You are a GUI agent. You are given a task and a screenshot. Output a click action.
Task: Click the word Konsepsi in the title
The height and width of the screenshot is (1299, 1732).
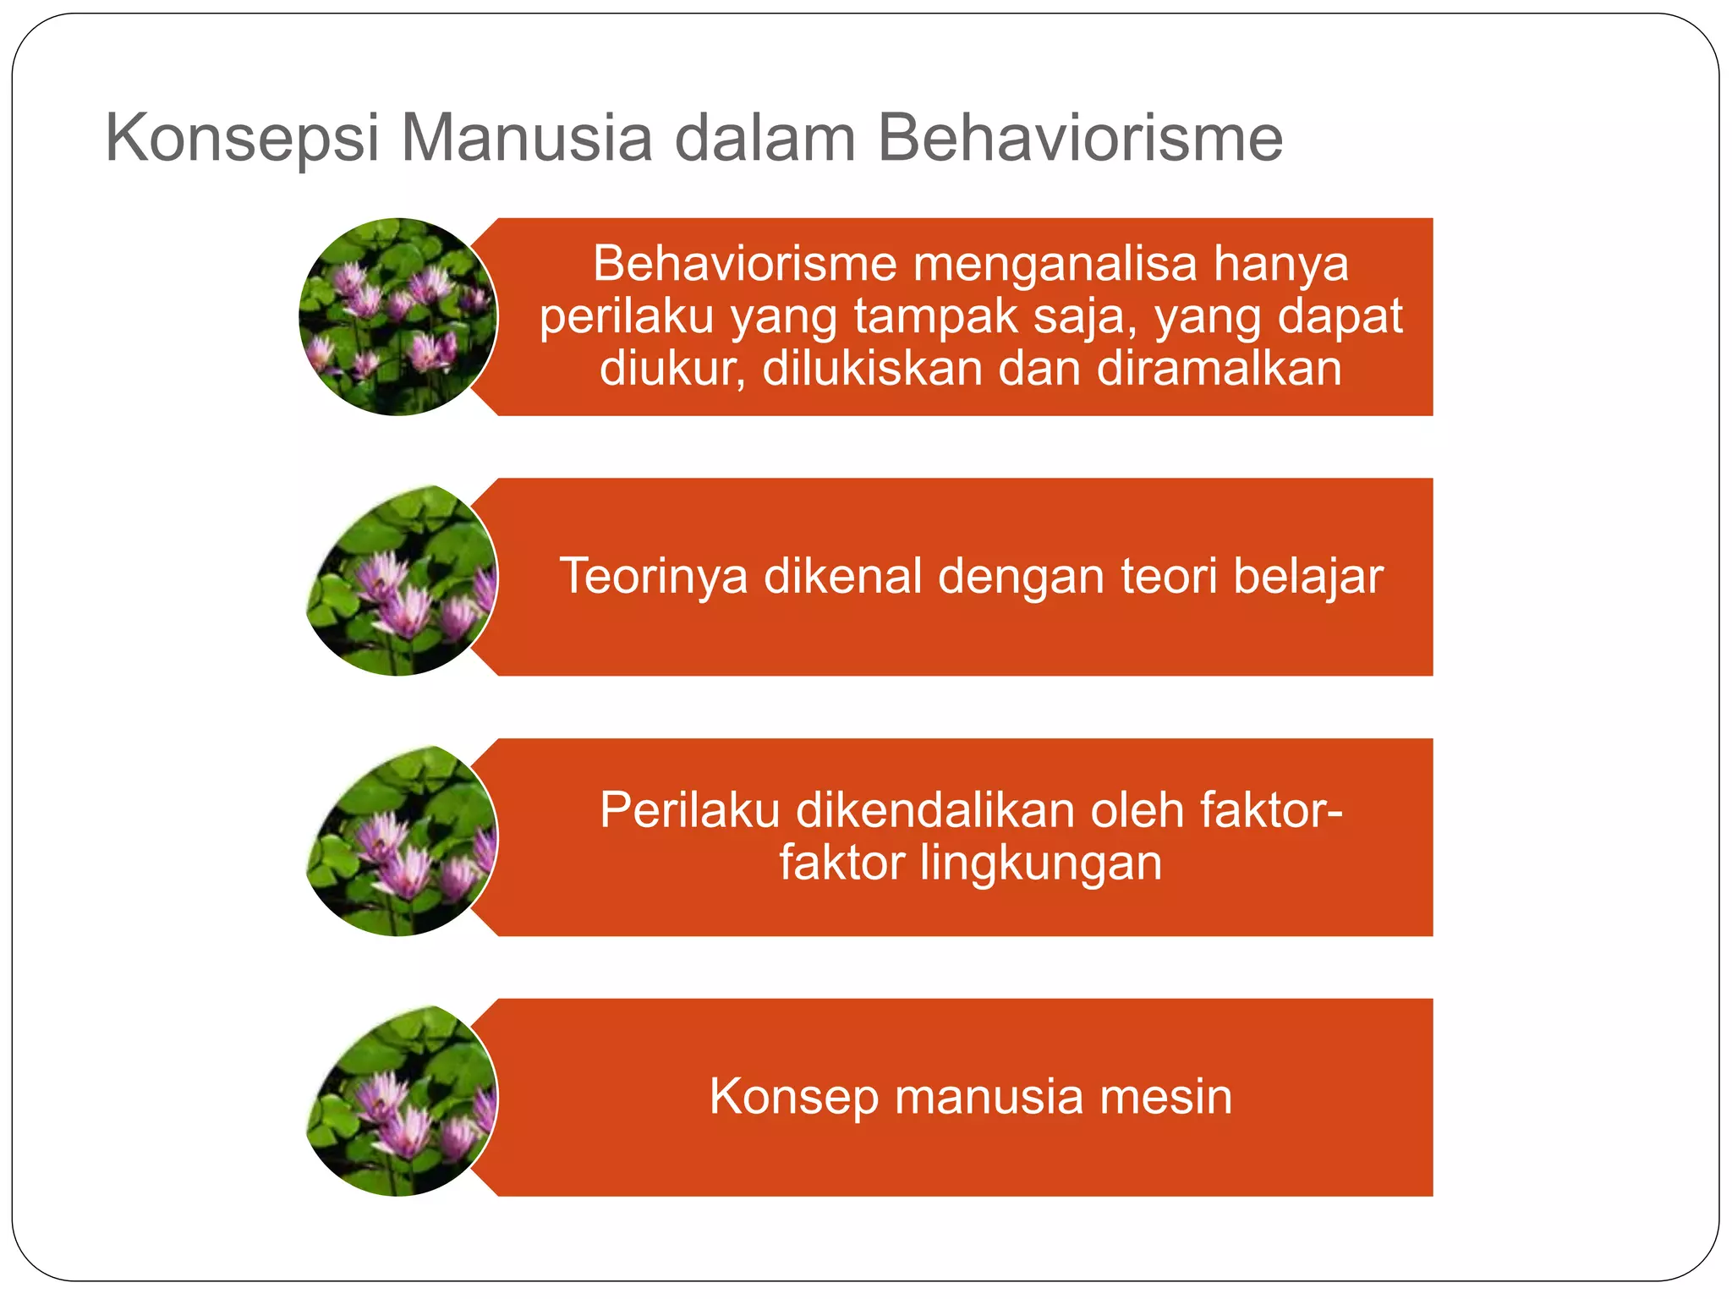(x=242, y=139)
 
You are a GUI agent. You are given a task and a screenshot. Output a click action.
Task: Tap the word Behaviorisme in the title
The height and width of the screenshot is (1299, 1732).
(x=1080, y=137)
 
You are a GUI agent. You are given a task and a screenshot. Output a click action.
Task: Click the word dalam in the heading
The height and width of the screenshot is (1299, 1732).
(x=765, y=137)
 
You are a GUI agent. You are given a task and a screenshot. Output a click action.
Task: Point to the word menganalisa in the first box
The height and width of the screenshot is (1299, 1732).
(x=1055, y=265)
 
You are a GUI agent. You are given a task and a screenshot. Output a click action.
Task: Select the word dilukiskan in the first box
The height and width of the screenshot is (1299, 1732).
(x=871, y=369)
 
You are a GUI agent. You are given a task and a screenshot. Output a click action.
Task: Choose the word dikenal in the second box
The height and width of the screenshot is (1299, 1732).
(x=843, y=577)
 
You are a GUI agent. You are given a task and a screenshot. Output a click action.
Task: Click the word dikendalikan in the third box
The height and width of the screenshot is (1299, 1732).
(x=935, y=810)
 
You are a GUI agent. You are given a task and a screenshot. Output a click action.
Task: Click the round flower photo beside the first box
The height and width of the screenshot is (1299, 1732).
(x=397, y=317)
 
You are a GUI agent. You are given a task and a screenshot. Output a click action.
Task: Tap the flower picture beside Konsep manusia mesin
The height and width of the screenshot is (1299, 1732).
(x=403, y=1100)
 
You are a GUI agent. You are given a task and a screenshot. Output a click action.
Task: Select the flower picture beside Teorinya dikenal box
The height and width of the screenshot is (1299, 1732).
(x=403, y=580)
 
